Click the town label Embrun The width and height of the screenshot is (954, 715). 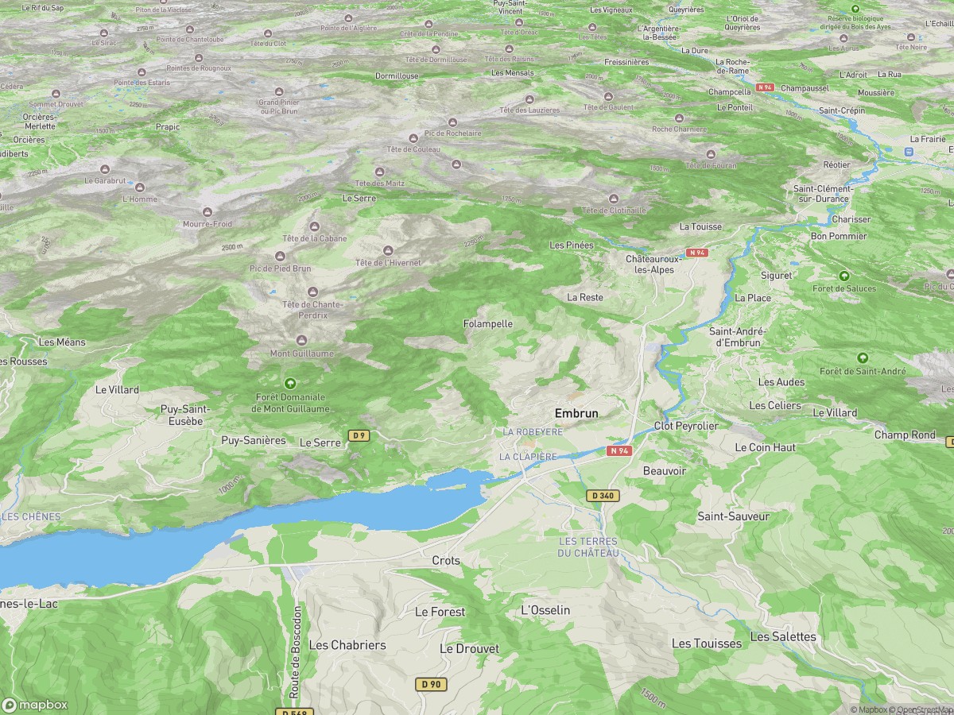(x=576, y=413)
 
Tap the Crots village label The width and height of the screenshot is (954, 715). (x=446, y=560)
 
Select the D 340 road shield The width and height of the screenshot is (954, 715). (x=603, y=495)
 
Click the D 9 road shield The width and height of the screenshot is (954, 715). (x=359, y=435)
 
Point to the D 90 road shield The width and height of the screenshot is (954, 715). (x=431, y=683)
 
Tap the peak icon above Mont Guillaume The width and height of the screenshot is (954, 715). (x=301, y=340)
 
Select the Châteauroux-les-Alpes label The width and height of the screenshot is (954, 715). (x=650, y=265)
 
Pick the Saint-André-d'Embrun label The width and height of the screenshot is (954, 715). (x=738, y=337)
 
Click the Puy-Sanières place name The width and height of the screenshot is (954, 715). (x=253, y=440)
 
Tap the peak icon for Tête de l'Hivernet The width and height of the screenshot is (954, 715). (x=388, y=250)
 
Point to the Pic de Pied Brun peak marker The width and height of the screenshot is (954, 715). (x=280, y=256)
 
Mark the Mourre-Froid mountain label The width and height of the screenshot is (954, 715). (x=207, y=224)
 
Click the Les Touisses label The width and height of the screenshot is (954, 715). (x=706, y=643)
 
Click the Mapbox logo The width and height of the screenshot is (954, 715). (x=35, y=705)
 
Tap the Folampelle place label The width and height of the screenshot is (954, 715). (x=488, y=324)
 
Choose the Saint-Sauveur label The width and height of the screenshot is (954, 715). (x=733, y=516)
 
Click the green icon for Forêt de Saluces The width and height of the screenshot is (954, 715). (x=843, y=275)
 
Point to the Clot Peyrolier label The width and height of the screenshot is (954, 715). (x=685, y=426)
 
